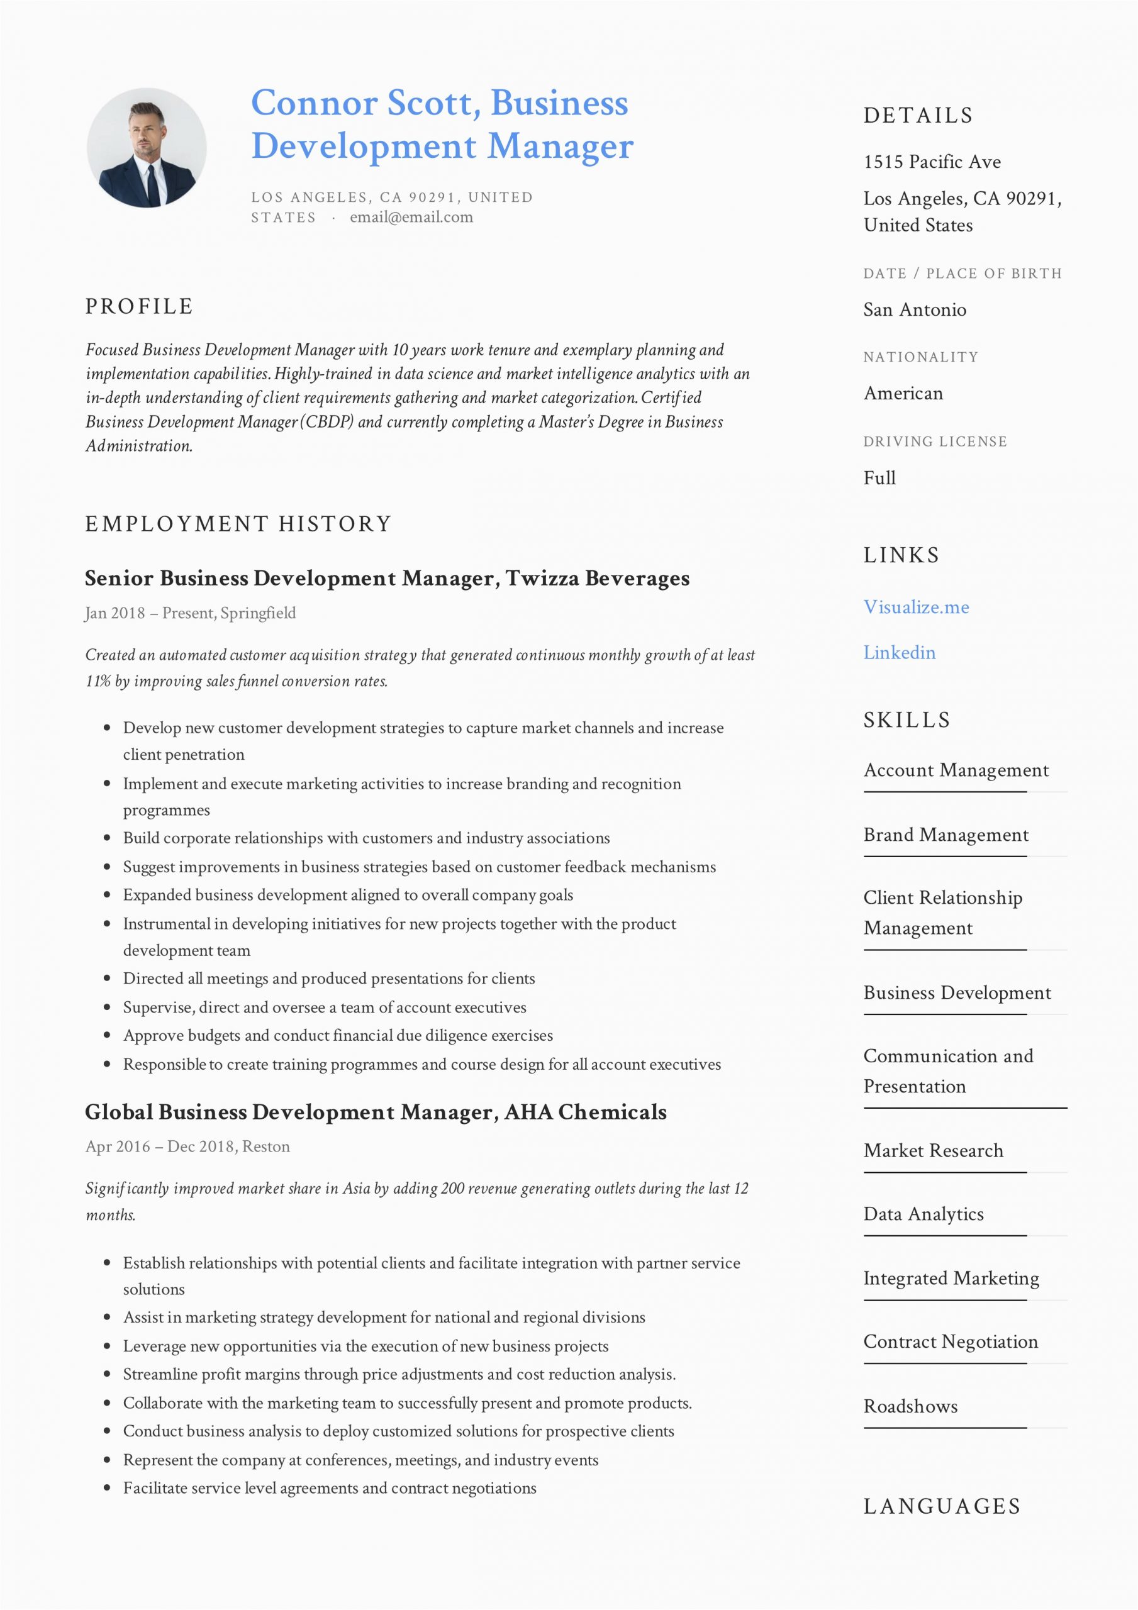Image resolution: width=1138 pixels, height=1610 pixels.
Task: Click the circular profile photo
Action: pos(147,147)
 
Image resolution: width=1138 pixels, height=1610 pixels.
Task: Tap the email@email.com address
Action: pos(411,218)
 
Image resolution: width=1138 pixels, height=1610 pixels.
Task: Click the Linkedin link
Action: pos(899,653)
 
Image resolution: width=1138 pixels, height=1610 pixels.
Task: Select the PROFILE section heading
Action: pos(139,306)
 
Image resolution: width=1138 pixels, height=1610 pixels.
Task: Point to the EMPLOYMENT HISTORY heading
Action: pos(238,524)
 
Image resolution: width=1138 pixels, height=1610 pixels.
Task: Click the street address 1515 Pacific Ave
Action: pos(932,162)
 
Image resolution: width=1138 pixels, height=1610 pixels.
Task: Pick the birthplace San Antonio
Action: pos(914,310)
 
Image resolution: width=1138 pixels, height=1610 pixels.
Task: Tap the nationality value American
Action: pos(903,394)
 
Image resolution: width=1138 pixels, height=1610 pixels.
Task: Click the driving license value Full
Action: pos(879,478)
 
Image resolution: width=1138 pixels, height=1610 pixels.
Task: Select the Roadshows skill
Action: pos(910,1407)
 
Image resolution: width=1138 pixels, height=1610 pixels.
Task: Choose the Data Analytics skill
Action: pos(923,1214)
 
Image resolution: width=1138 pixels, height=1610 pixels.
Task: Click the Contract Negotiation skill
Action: pos(950,1341)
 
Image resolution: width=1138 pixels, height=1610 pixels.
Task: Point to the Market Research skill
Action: pos(933,1151)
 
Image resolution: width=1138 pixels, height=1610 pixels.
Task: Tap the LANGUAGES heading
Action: pos(942,1506)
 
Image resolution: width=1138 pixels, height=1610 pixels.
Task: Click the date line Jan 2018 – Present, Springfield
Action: pos(190,614)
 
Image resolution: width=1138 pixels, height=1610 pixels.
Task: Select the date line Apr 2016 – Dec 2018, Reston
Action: pos(187,1146)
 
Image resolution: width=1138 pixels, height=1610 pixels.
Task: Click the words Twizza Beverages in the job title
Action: pos(597,579)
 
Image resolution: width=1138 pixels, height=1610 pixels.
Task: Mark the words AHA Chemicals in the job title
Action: pos(585,1112)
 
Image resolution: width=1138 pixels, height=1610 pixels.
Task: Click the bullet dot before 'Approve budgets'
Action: pos(108,1036)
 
